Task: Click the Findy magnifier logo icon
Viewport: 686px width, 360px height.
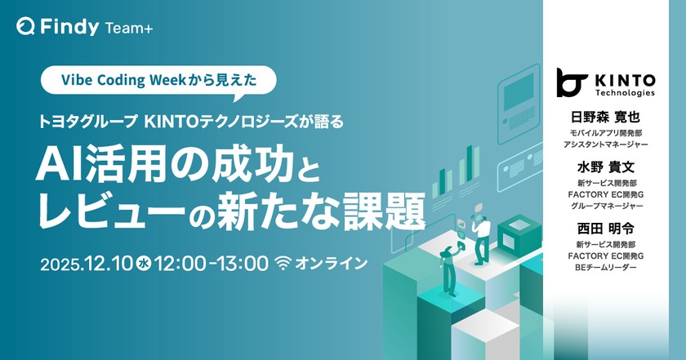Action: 25,27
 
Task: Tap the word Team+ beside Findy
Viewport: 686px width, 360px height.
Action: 129,29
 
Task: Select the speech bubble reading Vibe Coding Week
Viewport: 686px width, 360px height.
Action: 158,82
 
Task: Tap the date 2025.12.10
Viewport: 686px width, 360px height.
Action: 87,264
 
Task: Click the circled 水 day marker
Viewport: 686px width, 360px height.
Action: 143,264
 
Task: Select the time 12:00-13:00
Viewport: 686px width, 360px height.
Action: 211,264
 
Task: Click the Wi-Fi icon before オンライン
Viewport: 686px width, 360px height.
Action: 283,263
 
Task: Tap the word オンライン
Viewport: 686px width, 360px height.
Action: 332,264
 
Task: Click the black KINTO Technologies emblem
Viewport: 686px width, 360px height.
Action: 571,82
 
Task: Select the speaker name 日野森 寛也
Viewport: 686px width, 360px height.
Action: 605,118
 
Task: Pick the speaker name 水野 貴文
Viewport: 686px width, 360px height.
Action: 605,167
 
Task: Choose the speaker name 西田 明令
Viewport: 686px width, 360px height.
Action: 605,229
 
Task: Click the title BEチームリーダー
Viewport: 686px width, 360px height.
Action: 605,267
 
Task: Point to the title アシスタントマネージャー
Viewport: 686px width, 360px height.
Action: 605,144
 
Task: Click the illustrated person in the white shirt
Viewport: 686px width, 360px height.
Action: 481,238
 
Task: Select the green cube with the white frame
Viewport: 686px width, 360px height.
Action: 514,235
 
